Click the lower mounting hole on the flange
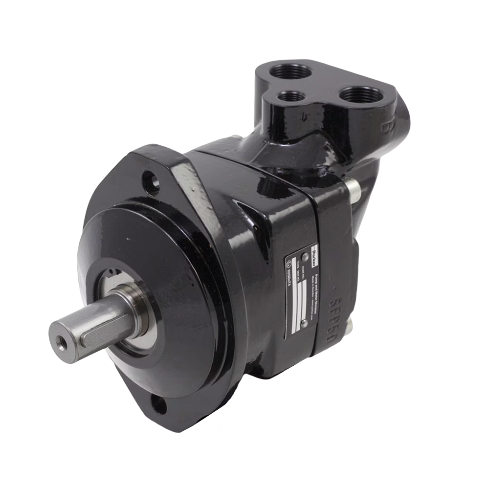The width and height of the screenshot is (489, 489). coord(159,404)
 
